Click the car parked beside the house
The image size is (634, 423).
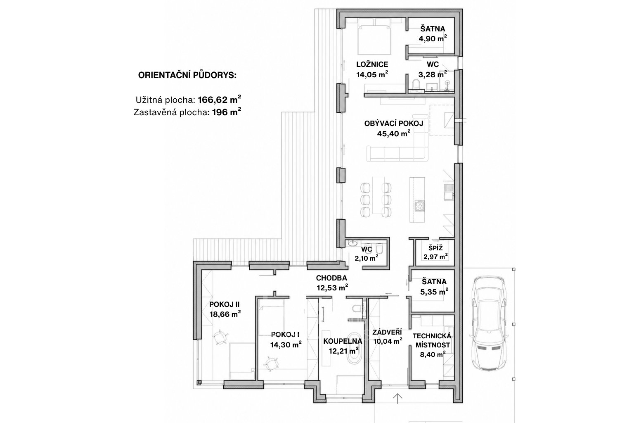click(490, 323)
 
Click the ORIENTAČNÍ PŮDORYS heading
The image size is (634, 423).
click(187, 75)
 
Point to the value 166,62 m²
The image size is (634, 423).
click(219, 100)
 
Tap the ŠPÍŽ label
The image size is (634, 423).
click(435, 248)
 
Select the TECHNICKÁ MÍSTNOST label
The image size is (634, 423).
click(432, 340)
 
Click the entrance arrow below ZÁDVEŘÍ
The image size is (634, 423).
click(397, 398)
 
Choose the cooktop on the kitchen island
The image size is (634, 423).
click(419, 205)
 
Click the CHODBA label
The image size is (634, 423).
click(331, 278)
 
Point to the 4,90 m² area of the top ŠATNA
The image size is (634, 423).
click(433, 38)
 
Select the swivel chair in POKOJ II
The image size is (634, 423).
click(220, 337)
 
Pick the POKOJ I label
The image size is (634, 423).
click(285, 335)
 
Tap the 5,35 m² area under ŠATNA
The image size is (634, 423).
click(434, 292)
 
